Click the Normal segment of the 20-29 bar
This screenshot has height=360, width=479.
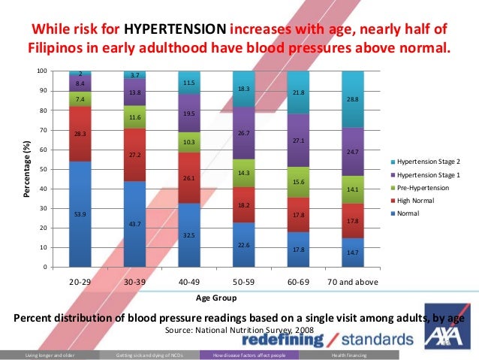click(x=80, y=213)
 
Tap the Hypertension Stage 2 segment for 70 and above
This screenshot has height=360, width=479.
click(x=353, y=99)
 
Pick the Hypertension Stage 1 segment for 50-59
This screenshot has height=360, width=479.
click(x=244, y=133)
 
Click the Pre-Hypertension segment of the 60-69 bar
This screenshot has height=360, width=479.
click(x=298, y=182)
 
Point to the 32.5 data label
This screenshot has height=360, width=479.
click(x=189, y=235)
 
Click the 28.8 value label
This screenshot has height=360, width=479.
click(x=353, y=99)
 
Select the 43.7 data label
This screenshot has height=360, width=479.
click(x=135, y=223)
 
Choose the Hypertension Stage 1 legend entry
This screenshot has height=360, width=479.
click(x=424, y=174)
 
